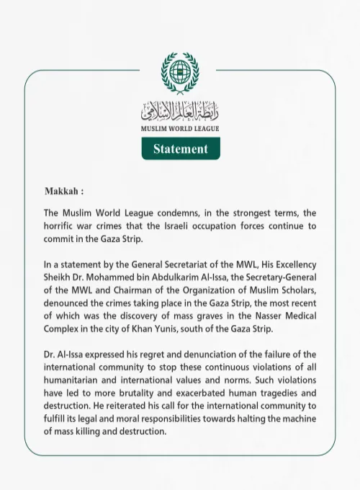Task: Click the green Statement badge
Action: click(x=180, y=149)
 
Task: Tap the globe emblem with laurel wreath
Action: click(x=180, y=74)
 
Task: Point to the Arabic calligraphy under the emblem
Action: click(x=180, y=111)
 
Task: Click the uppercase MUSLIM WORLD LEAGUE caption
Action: click(x=180, y=128)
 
